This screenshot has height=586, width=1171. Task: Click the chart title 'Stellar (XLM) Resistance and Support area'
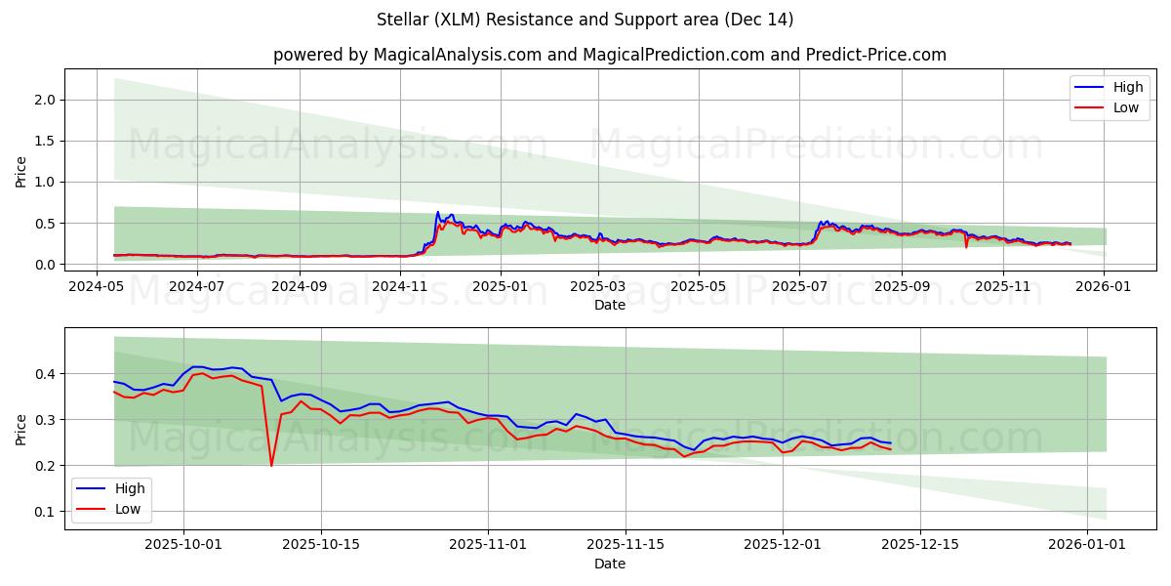click(x=585, y=20)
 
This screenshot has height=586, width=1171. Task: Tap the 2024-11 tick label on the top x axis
click(x=401, y=286)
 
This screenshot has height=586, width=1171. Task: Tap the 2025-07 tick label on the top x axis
click(x=800, y=286)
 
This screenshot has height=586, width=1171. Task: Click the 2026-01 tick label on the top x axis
click(x=1104, y=286)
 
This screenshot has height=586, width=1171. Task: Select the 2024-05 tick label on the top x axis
click(x=96, y=286)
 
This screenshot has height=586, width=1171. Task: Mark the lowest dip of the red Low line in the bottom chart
click(x=271, y=465)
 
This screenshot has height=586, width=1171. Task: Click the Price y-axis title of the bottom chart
click(x=21, y=428)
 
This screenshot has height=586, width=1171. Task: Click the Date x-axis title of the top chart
click(x=609, y=305)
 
